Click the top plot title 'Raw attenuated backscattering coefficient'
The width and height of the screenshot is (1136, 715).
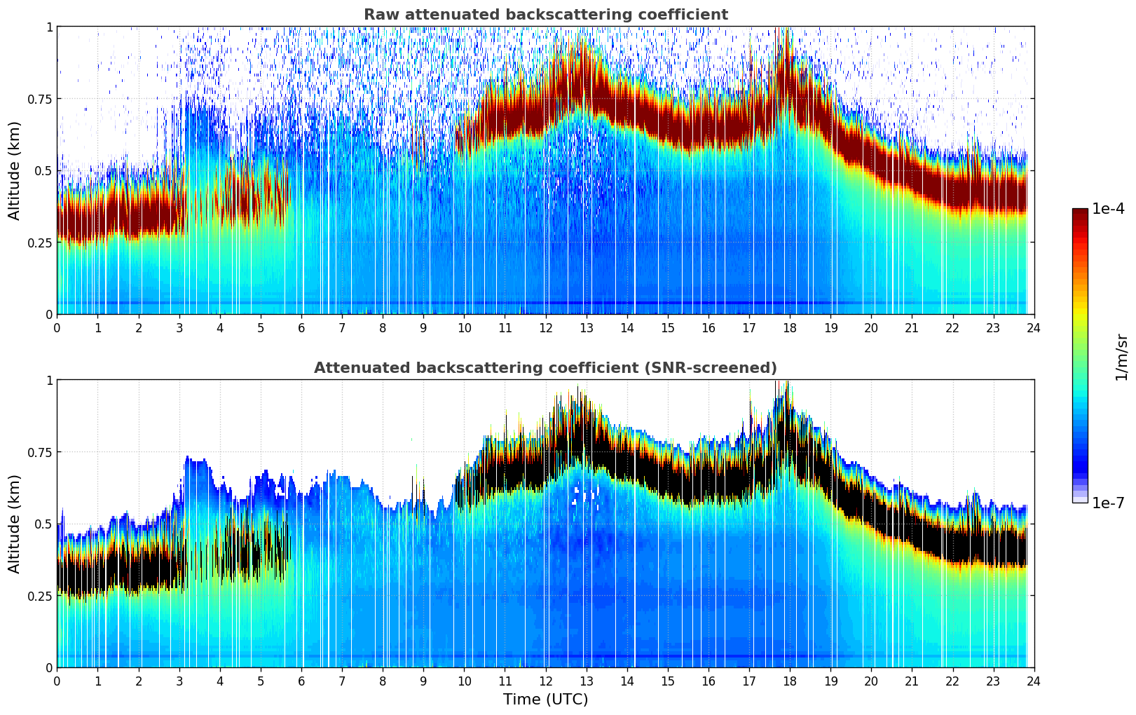pyautogui.click(x=545, y=15)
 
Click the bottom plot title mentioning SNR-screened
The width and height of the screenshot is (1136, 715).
pyautogui.click(x=545, y=368)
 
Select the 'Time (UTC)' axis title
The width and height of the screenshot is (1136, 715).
pyautogui.click(x=545, y=700)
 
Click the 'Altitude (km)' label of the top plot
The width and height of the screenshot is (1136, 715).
pyautogui.click(x=15, y=170)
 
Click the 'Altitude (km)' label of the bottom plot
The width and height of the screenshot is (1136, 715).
pyautogui.click(x=15, y=524)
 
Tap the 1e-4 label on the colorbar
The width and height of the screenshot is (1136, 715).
pyautogui.click(x=1108, y=209)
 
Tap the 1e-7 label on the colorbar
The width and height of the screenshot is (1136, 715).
pyautogui.click(x=1108, y=503)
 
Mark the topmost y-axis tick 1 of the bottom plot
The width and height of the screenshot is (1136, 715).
pyautogui.click(x=49, y=380)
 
